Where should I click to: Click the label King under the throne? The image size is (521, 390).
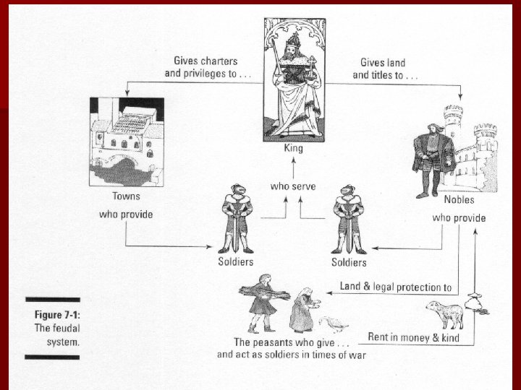(293, 149)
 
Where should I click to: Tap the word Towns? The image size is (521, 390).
(126, 196)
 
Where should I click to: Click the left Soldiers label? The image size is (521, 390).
(237, 261)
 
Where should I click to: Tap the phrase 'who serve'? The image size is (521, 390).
(292, 186)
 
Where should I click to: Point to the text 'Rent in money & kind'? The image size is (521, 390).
(414, 337)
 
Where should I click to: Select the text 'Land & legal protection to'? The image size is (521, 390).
(397, 287)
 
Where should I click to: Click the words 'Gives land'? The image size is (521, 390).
(383, 62)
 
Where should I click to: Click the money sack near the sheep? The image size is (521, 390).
(477, 305)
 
